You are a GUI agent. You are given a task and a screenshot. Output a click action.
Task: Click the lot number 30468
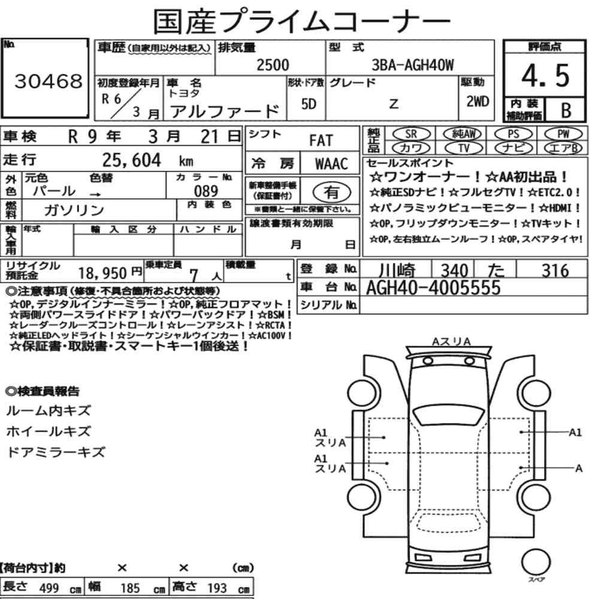(48, 81)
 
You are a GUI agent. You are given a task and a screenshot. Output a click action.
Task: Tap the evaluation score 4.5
(545, 75)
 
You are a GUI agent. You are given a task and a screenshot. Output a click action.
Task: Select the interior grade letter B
(566, 110)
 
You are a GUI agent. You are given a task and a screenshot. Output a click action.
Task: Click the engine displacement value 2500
(273, 65)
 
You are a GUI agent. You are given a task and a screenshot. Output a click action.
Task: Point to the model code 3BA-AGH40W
(413, 65)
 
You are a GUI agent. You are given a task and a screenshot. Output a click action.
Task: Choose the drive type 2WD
(477, 101)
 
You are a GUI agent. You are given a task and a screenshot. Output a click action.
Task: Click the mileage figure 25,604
(131, 160)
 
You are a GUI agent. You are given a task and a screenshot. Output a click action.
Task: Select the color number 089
(206, 190)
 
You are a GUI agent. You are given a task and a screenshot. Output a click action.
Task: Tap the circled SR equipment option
(412, 134)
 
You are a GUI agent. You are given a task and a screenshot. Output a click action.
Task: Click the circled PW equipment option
(563, 134)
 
